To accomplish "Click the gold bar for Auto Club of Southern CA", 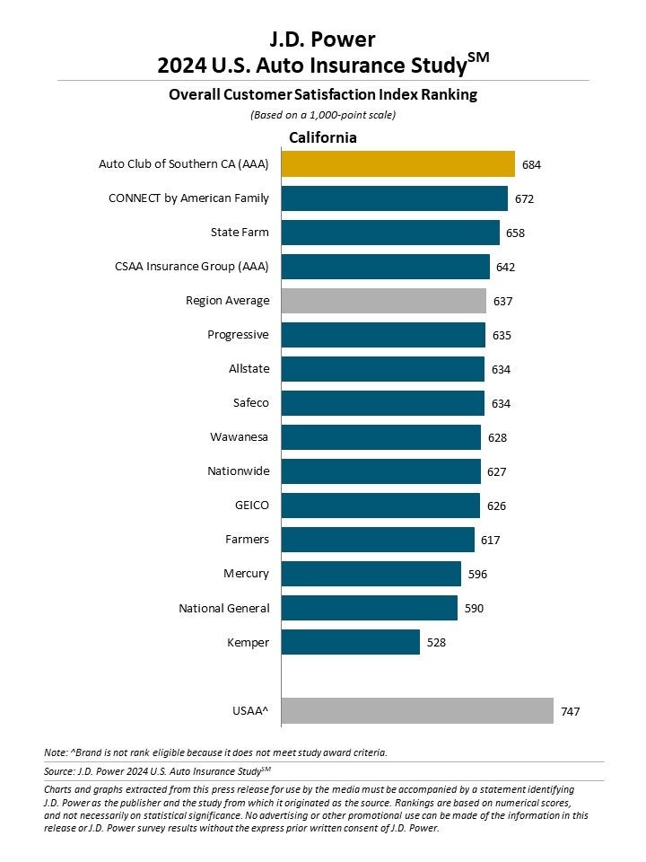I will click(397, 164).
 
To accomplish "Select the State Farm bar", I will click(390, 233).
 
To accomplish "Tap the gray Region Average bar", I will click(383, 301).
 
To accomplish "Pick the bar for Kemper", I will click(351, 642).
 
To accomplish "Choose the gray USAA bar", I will click(417, 710).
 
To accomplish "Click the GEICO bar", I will click(380, 506).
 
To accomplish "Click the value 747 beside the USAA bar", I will click(570, 711).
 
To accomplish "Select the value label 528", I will click(435, 643).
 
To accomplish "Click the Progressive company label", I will click(238, 335).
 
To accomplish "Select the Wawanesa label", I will click(240, 437).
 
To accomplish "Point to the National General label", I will click(224, 608).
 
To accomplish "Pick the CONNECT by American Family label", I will click(188, 198).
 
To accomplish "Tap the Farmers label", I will click(247, 540).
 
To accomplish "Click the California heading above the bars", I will click(322, 137).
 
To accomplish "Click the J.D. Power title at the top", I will click(323, 39).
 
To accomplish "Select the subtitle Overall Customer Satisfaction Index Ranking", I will click(323, 94).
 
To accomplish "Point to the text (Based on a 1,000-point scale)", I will click(323, 114).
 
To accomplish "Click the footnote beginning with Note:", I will click(215, 752).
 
